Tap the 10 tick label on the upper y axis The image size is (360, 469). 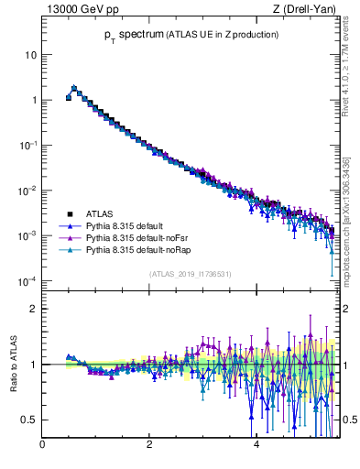pyautogui.click(x=30, y=55)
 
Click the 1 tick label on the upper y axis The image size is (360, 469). pyautogui.click(x=33, y=100)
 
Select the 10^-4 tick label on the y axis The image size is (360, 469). pyautogui.click(x=27, y=280)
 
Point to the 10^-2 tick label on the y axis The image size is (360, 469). pyautogui.click(x=27, y=191)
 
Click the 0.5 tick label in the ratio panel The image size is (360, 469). pyautogui.click(x=28, y=420)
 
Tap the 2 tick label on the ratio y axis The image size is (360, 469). pyautogui.click(x=33, y=309)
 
